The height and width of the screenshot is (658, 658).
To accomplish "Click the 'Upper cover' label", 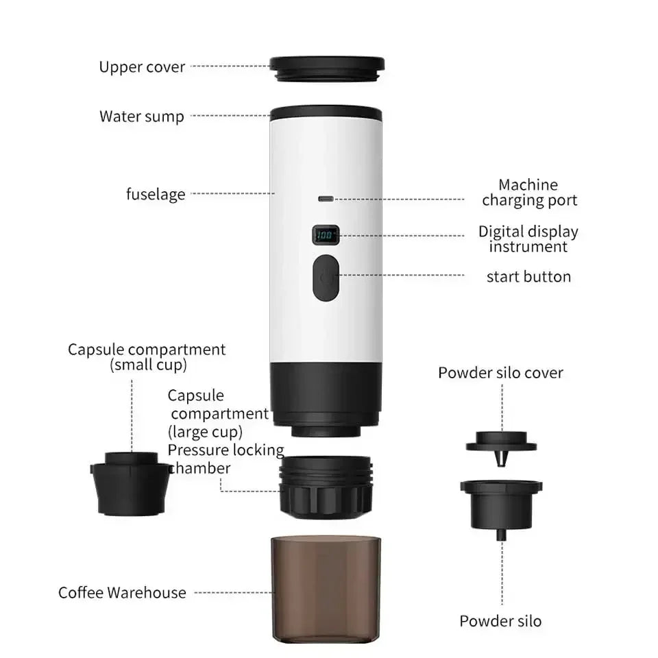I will (x=142, y=67).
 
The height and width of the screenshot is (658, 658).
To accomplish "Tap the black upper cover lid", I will (x=326, y=66).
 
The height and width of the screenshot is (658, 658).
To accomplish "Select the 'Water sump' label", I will (x=142, y=116).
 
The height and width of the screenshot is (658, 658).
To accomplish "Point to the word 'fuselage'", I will (x=156, y=194).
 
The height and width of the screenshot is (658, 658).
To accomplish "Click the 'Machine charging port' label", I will (x=528, y=193).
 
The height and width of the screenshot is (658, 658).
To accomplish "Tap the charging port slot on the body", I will (x=326, y=199).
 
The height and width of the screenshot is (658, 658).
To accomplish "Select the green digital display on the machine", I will (x=326, y=236).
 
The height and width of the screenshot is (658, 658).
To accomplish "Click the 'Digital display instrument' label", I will (x=528, y=239).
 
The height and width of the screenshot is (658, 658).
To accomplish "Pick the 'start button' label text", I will (x=528, y=277).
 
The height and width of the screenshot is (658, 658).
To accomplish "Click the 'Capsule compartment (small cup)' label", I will (x=147, y=357).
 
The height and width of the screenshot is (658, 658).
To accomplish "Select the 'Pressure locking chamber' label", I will (x=226, y=459).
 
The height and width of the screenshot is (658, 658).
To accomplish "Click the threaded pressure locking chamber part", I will (x=326, y=486).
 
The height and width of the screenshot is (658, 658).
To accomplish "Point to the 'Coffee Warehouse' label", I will (x=122, y=593).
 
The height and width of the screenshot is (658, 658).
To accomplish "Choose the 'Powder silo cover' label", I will (x=500, y=373).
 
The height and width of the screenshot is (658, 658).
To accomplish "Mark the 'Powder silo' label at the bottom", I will (x=500, y=621).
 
